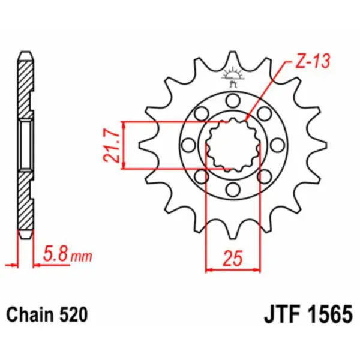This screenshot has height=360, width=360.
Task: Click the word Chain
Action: coord(28,314)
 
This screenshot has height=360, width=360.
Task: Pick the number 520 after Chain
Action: coord(75,314)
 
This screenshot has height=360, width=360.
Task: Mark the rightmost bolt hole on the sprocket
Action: coord(278,145)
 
